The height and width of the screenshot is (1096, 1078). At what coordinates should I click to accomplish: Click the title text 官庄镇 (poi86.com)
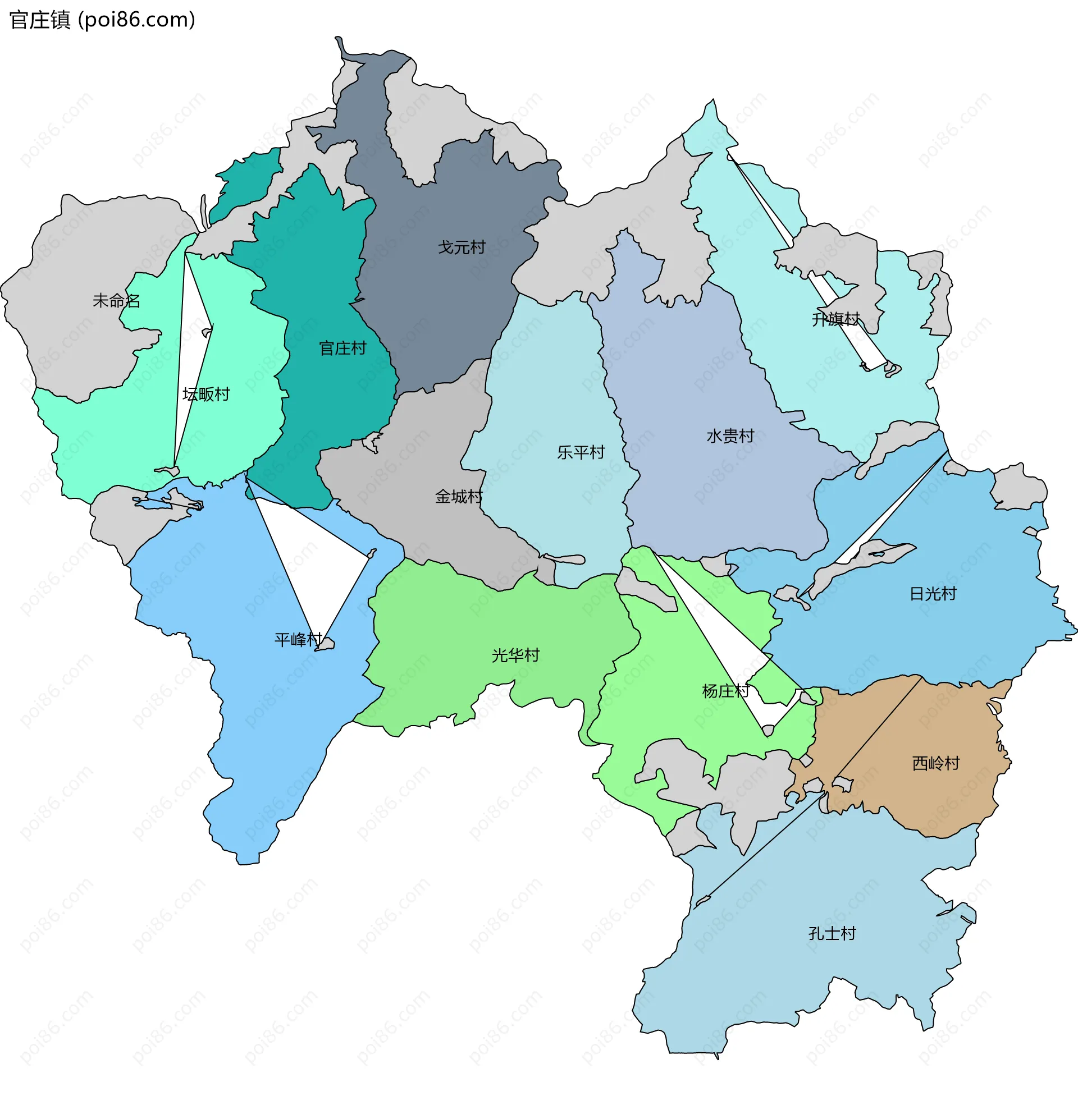point(103,20)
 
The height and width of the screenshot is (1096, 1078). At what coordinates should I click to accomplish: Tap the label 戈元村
point(462,247)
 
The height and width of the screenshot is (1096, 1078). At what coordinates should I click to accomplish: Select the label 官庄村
point(342,348)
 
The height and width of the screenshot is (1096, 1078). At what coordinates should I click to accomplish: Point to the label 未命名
point(117,300)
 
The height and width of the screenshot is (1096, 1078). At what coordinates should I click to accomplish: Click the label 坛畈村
point(206,394)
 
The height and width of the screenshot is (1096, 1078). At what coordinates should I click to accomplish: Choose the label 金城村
point(459,496)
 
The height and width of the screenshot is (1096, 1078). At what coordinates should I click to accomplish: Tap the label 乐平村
point(581,452)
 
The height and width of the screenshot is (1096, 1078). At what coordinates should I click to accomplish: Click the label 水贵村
point(730,435)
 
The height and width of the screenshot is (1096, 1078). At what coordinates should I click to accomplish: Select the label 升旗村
point(835,319)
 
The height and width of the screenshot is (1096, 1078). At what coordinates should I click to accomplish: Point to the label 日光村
point(933,594)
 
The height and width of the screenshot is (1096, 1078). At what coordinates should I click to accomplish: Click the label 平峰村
point(298,639)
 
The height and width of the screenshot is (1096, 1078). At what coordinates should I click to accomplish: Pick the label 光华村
point(515,655)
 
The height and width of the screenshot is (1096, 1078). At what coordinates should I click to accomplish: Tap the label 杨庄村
point(725,691)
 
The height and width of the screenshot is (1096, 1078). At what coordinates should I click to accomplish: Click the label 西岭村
point(936,763)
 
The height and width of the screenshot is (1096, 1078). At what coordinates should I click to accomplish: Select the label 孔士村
point(832,933)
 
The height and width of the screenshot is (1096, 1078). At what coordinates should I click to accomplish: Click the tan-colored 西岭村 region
point(929,730)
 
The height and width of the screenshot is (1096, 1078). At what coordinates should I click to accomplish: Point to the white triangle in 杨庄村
point(730,650)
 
